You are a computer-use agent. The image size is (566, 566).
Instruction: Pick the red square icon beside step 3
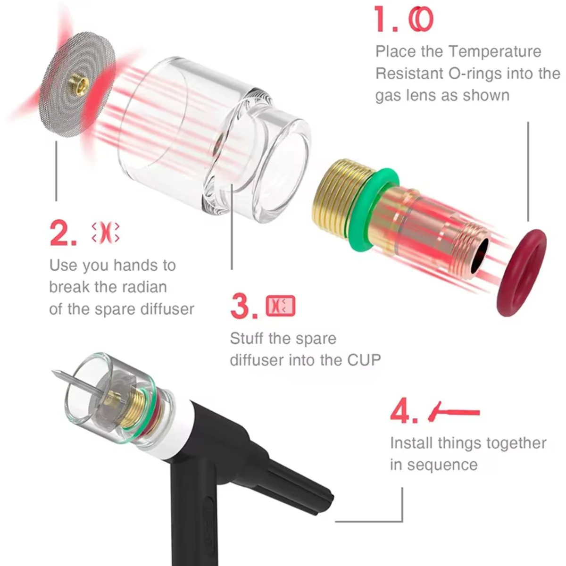[x=281, y=306]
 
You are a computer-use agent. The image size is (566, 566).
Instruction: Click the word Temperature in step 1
[x=495, y=52]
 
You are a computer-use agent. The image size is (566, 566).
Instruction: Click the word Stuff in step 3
[x=247, y=338]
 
